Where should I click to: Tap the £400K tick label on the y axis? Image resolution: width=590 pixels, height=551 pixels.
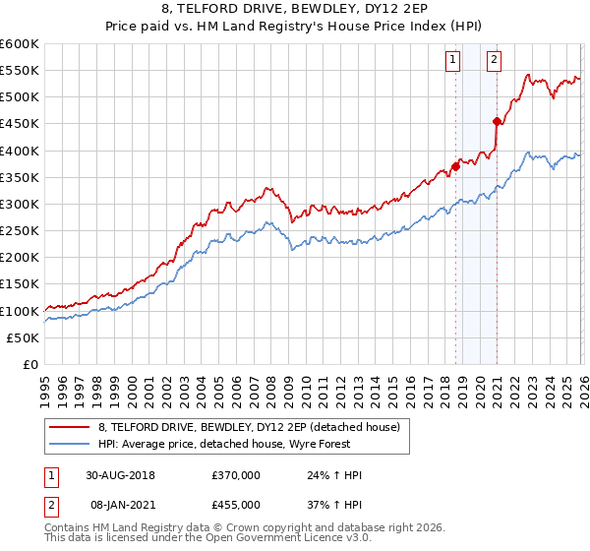point(20,151)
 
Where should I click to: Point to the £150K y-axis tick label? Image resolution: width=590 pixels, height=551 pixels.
point(20,284)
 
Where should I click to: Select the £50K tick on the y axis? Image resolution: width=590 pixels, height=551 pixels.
point(23,337)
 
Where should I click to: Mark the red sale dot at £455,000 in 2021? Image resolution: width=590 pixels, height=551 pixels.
point(497,122)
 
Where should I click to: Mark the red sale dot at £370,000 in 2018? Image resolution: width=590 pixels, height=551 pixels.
point(456,166)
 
